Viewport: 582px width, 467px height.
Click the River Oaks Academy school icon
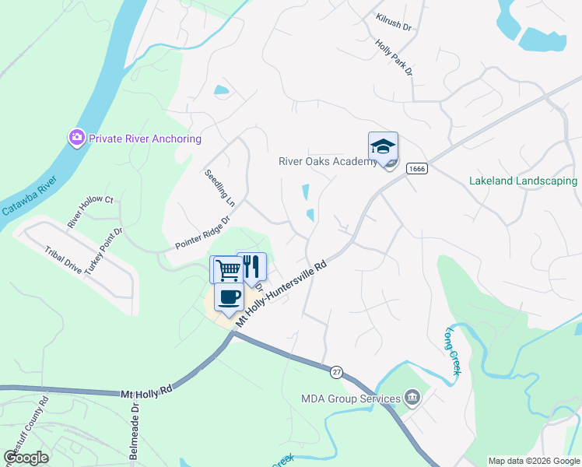(x=383, y=146)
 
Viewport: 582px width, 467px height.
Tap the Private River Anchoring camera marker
(x=76, y=139)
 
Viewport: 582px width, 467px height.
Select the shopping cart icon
(x=226, y=269)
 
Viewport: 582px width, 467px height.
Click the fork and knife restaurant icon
(x=251, y=266)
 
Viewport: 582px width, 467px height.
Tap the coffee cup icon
(x=230, y=296)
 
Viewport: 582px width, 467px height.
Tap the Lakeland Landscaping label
(x=523, y=181)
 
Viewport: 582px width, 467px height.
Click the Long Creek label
(x=453, y=350)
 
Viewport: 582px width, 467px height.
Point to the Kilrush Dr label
(x=393, y=21)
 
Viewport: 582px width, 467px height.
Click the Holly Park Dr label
(x=393, y=58)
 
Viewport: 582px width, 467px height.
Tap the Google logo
(x=26, y=458)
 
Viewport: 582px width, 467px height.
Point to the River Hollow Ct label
(x=90, y=212)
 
